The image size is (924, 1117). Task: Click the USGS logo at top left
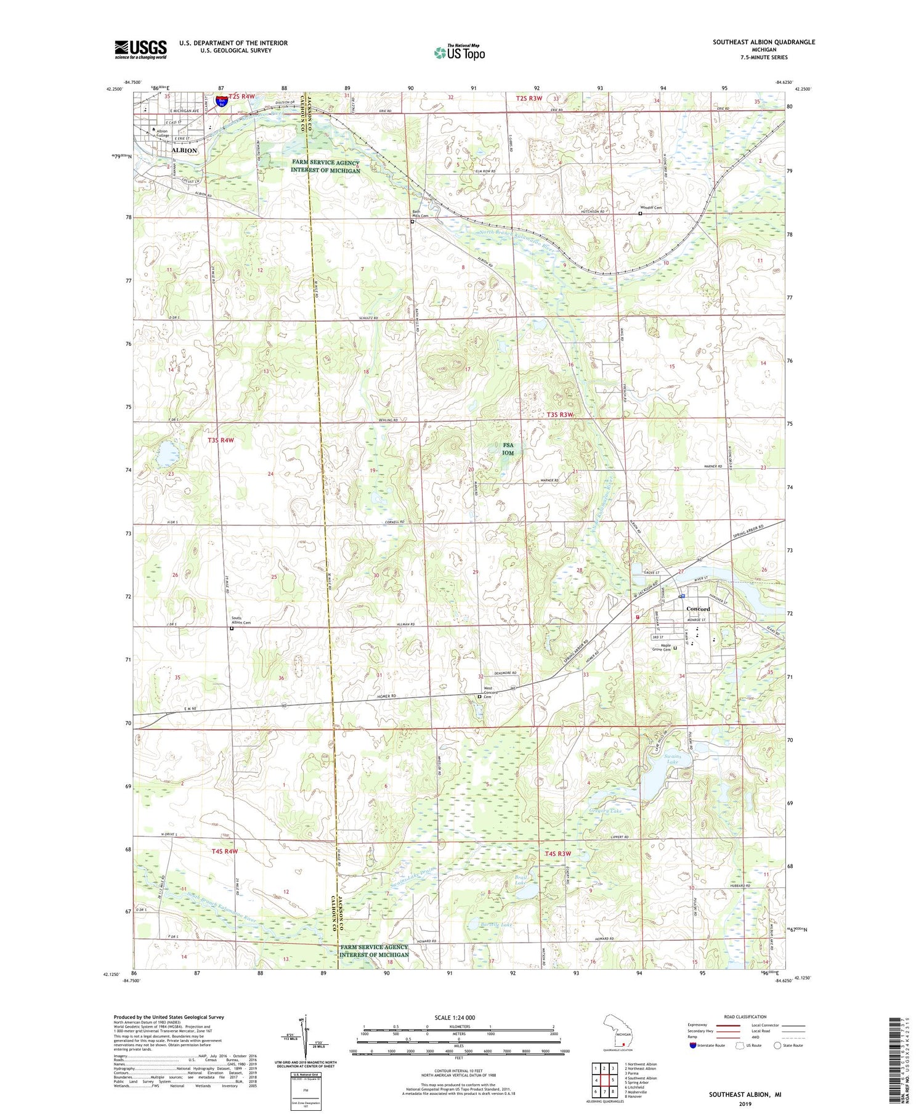coord(140,49)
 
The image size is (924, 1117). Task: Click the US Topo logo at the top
coord(459,52)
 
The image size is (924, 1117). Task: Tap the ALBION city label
coord(184,150)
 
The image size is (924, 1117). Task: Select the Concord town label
coord(698,609)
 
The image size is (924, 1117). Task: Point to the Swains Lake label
coord(672,759)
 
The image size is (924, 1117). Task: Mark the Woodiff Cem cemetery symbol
coord(640,214)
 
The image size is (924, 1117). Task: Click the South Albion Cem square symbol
coord(232,628)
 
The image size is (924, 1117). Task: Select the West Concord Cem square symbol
coord(480,696)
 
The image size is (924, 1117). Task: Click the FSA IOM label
coord(507,449)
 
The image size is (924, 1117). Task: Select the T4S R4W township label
coord(224,851)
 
